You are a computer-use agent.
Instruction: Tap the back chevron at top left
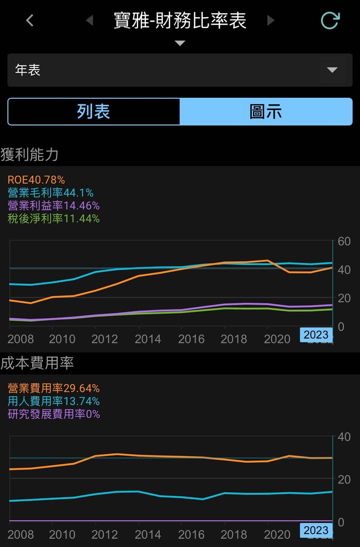[x=30, y=20]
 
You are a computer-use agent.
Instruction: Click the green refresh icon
[x=330, y=20]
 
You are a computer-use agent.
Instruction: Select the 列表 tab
[x=94, y=112]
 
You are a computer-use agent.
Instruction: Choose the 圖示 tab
[x=266, y=112]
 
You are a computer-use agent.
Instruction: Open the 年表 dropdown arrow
[x=332, y=70]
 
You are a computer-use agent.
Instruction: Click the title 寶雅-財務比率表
[x=180, y=20]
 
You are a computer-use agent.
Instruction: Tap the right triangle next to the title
[x=271, y=20]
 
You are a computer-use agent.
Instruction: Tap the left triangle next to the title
[x=90, y=20]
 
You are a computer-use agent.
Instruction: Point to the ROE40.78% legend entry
[x=36, y=180]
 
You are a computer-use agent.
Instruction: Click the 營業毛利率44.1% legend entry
[x=50, y=193]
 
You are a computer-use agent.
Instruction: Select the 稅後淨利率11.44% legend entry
[x=53, y=218]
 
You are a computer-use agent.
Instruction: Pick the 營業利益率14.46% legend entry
[x=53, y=206]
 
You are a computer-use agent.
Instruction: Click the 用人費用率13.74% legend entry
[x=53, y=401]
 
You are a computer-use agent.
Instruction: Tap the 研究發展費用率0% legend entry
[x=54, y=414]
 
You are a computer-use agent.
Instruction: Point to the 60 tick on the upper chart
[x=344, y=241]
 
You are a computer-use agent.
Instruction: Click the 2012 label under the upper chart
[x=104, y=339]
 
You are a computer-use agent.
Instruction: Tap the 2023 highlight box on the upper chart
[x=316, y=335]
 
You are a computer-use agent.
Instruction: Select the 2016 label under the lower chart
[x=191, y=535]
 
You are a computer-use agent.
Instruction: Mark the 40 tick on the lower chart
[x=344, y=437]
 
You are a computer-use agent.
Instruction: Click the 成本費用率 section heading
[x=37, y=363]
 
